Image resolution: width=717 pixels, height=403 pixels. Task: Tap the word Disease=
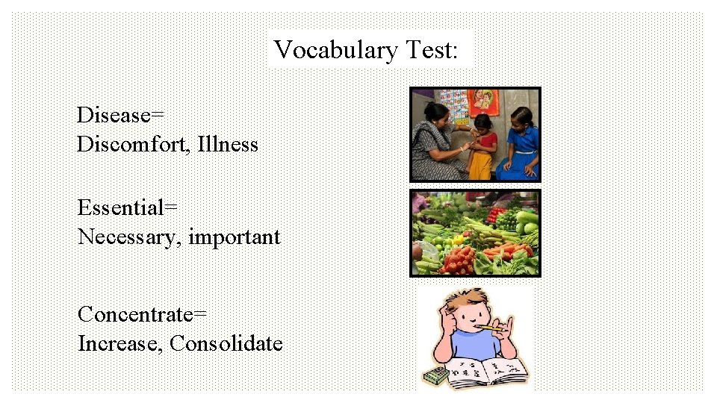120,115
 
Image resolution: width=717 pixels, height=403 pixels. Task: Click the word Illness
228,144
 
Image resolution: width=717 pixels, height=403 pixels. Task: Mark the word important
235,237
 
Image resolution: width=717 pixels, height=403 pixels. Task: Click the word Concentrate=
142,314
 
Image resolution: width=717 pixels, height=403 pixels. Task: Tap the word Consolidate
226,344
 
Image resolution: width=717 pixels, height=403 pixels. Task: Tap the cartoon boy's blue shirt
469,346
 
